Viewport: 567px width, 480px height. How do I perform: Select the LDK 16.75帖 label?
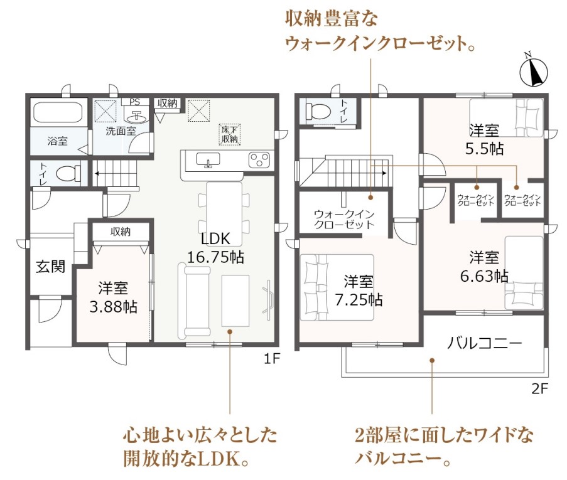[x=215, y=248]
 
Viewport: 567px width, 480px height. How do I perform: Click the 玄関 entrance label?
[x=51, y=267]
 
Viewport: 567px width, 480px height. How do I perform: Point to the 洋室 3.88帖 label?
[x=113, y=297]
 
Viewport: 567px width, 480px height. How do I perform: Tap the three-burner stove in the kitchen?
[x=259, y=160]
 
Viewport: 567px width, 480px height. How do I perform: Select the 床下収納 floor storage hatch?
[x=230, y=134]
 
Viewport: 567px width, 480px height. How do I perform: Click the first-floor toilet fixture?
[x=68, y=174]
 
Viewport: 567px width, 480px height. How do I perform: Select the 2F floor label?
[x=539, y=388]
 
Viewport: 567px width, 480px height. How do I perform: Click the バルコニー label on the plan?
[x=485, y=343]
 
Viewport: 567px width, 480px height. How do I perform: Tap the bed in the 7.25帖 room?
[x=337, y=287]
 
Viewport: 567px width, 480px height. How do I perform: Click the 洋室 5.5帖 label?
[x=485, y=139]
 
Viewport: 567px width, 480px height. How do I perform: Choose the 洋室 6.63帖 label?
[x=484, y=267]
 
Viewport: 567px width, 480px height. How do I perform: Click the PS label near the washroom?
[x=134, y=102]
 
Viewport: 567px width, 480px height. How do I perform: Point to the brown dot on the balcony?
[x=432, y=360]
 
